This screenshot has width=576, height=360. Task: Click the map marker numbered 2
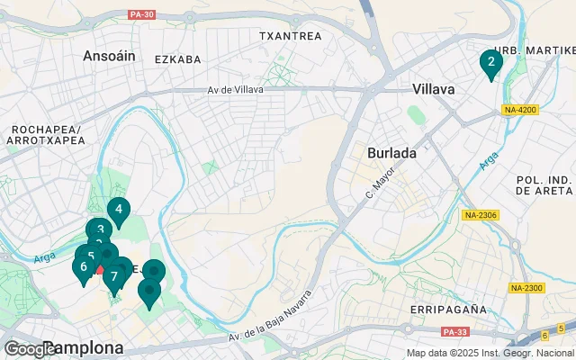490,62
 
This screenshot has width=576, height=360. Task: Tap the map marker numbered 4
118,210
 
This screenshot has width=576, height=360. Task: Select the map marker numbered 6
84,266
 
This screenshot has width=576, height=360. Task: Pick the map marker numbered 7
114,276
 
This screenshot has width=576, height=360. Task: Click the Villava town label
434,89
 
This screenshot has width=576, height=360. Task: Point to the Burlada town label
391,153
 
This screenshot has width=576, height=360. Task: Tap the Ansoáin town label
109,56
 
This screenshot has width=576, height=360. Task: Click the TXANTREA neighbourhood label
290,36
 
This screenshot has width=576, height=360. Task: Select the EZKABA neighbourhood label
177,59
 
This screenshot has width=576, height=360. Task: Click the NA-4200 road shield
520,110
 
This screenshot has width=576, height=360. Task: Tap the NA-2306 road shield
481,216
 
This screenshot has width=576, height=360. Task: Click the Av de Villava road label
238,90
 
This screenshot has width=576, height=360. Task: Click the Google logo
29,348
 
